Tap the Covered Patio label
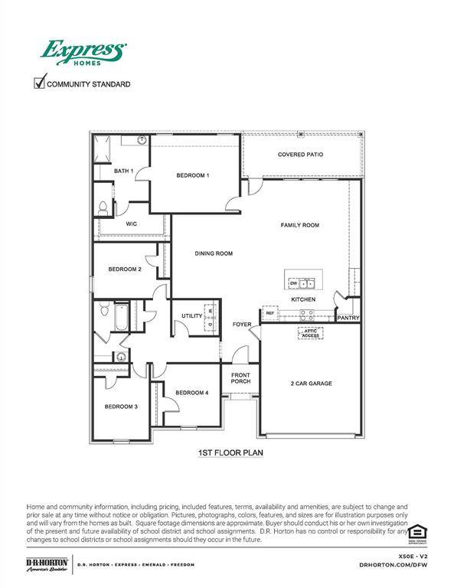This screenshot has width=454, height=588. (x=299, y=155)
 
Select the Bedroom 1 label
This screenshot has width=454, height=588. (x=193, y=175)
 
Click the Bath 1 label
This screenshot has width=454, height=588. (x=123, y=171)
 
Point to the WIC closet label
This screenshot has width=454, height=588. (x=131, y=224)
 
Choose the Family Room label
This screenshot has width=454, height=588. (x=299, y=225)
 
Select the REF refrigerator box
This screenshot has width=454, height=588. (x=269, y=313)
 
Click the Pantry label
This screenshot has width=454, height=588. (x=348, y=318)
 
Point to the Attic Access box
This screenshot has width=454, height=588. (x=310, y=333)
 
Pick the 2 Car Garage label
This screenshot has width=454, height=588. (x=311, y=383)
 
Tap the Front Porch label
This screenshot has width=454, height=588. (x=240, y=377)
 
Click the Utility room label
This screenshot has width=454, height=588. (x=191, y=315)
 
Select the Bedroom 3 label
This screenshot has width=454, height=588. (x=121, y=407)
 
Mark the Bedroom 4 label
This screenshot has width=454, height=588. (x=191, y=393)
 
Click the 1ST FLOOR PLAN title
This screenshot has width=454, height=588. (x=230, y=453)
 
